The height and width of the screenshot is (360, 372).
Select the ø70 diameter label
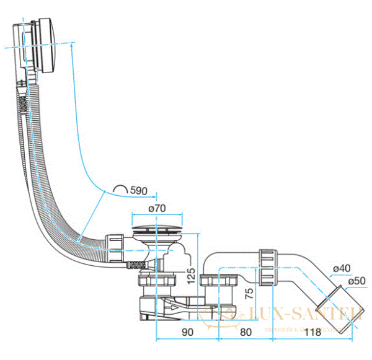[156, 209]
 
